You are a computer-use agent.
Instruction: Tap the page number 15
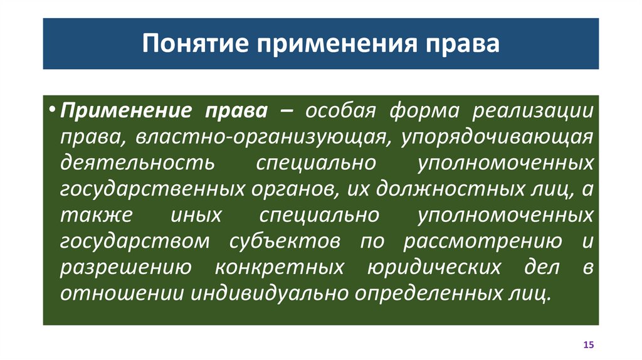click(x=587, y=345)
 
